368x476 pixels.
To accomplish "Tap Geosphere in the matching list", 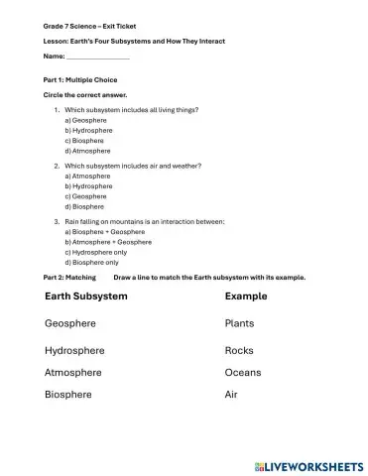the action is click(x=72, y=323).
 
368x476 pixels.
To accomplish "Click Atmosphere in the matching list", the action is click(x=73, y=373).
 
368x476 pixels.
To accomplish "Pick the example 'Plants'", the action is click(x=240, y=323).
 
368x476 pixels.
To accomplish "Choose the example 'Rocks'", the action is click(x=240, y=350).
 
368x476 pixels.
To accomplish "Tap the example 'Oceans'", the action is click(x=243, y=373).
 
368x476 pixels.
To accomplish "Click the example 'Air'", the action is click(x=232, y=395).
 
